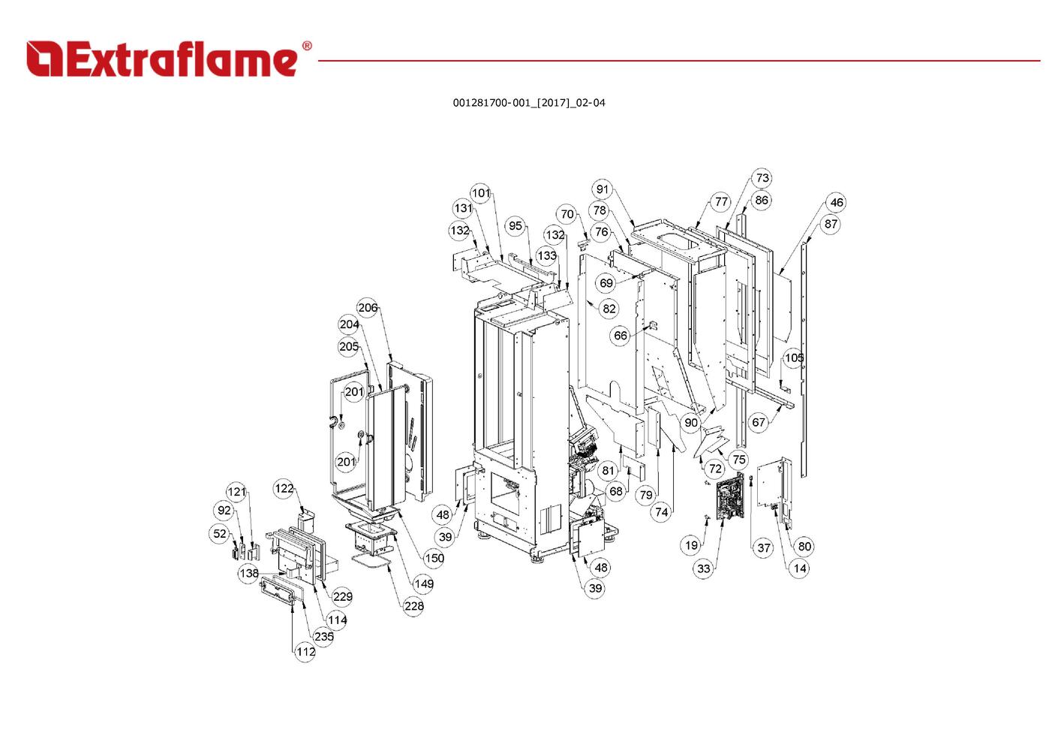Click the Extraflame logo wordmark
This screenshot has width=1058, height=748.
[x=169, y=59]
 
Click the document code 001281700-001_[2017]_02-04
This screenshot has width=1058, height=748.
[x=528, y=103]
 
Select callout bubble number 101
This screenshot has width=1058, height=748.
[x=480, y=193]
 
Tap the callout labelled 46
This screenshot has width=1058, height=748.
[x=836, y=202]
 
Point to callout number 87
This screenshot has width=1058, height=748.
[x=830, y=224]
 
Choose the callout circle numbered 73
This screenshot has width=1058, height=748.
[x=762, y=178]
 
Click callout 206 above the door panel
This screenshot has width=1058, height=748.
[x=368, y=307]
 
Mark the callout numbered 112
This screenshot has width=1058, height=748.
[x=305, y=651]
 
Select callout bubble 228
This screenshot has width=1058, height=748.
[x=413, y=605]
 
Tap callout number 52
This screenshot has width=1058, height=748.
[x=219, y=534]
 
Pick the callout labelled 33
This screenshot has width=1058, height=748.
[x=703, y=569]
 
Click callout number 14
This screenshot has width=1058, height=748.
[x=800, y=568]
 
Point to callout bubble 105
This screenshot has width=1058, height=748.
[x=794, y=357]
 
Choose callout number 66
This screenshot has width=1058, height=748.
[x=621, y=336]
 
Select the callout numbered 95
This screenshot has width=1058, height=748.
[x=515, y=225]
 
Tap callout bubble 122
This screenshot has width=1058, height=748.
[x=284, y=488]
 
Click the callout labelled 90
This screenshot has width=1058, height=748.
[x=691, y=423]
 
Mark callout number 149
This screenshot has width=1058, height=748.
[x=424, y=583]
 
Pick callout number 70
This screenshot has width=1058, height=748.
[x=567, y=214]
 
